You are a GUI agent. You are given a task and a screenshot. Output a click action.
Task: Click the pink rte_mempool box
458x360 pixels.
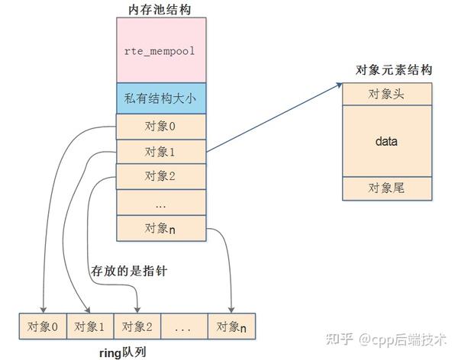[161, 50]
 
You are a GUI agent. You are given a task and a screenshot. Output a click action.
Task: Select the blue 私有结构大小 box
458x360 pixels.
[161, 98]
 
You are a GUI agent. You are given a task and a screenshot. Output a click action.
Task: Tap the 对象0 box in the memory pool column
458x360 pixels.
[161, 127]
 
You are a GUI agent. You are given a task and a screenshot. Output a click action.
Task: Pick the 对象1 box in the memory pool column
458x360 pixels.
[161, 152]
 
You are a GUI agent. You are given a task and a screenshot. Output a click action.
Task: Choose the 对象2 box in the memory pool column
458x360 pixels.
[161, 176]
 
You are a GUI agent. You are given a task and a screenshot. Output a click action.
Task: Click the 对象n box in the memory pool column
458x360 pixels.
[161, 228]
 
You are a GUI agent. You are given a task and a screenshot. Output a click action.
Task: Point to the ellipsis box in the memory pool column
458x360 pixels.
[161, 202]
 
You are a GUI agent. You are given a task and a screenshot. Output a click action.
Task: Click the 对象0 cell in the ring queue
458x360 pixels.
[43, 326]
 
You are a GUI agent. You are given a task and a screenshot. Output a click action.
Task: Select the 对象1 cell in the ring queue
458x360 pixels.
[90, 326]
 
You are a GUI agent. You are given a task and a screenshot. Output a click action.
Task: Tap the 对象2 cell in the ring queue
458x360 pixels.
[137, 326]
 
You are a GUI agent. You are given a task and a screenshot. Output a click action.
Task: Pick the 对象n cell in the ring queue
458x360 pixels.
[231, 326]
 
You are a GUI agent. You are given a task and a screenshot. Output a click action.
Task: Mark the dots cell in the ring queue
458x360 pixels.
[184, 326]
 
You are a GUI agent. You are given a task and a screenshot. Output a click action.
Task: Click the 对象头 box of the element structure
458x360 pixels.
[387, 94]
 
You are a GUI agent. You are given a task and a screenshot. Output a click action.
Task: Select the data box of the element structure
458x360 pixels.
[387, 141]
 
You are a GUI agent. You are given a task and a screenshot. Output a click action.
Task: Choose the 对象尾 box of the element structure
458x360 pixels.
[387, 188]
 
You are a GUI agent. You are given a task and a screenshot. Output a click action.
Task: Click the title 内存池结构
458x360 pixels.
[160, 10]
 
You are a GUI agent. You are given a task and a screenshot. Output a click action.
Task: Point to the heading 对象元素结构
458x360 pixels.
[393, 70]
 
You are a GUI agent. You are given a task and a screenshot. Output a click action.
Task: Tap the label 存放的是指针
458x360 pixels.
[129, 271]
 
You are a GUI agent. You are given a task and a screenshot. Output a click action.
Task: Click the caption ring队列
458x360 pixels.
[123, 352]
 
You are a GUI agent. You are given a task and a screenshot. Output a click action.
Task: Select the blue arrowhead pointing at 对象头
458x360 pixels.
[340, 85]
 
